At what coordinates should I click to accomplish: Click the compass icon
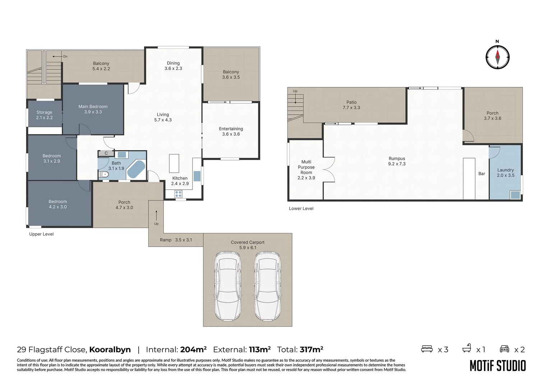coord(497,57)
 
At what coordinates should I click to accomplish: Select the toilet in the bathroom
coord(103,175)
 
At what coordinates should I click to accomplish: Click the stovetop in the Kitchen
coord(178,194)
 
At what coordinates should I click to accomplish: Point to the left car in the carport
coord(228,287)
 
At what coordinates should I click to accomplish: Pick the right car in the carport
coord(267,287)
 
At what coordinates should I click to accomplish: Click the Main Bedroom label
coord(93,109)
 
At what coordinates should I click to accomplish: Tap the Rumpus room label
coord(397,161)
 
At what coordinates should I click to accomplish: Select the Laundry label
coord(506,172)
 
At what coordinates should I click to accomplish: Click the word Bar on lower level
coord(481,174)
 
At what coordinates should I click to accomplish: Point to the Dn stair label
coord(65,56)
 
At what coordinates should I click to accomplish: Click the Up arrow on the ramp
coord(156,215)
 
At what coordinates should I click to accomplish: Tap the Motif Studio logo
coord(498,366)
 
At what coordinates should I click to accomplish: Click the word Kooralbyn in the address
coord(110,350)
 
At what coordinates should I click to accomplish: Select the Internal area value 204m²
coord(193,350)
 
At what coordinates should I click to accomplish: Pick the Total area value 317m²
coord(311,350)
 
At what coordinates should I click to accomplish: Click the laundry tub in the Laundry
coord(515,195)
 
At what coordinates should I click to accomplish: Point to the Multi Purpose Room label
coord(306,170)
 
